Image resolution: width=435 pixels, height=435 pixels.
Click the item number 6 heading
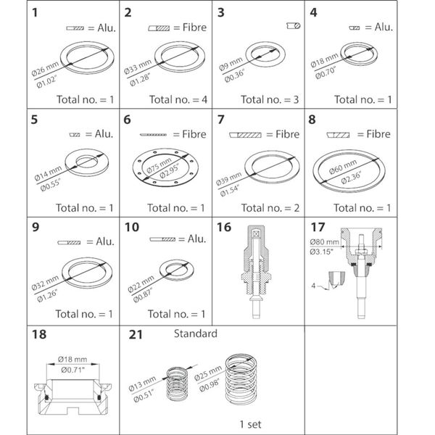(x=127, y=120)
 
